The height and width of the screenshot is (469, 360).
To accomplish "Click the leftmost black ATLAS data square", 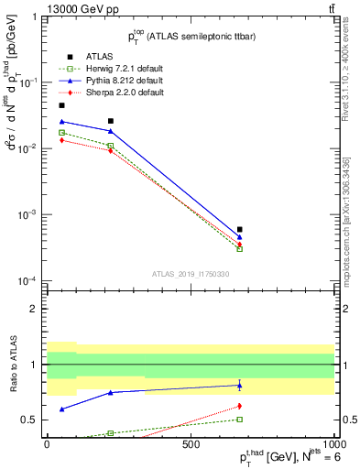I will click(61, 105).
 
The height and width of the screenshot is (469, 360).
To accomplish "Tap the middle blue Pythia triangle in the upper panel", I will click(110, 131).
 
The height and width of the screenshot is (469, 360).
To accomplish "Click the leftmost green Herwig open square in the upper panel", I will click(61, 133).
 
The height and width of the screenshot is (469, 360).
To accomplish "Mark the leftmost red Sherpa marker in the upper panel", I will click(61, 140).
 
